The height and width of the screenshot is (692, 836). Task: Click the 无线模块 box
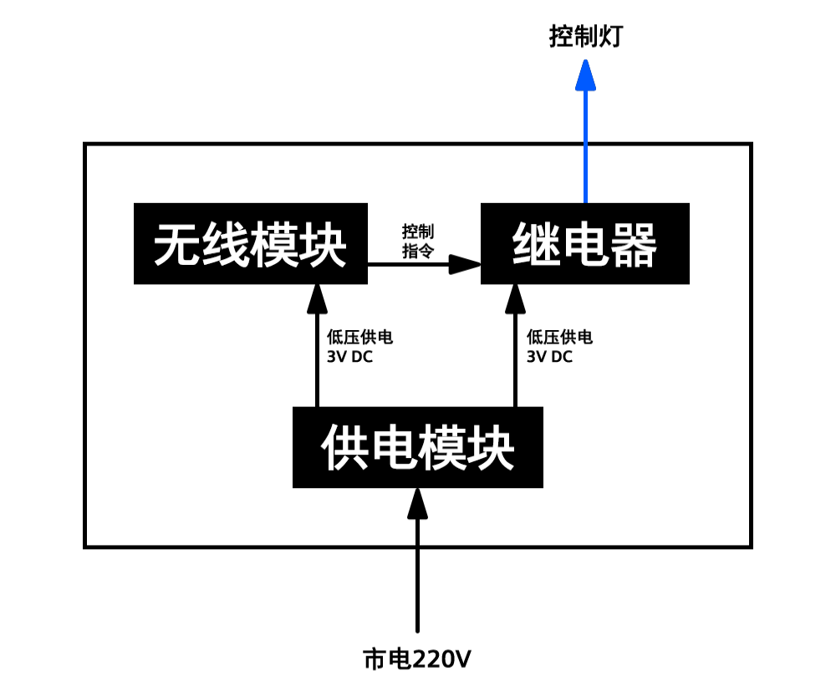[250, 243]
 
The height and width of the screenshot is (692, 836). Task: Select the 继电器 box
[584, 243]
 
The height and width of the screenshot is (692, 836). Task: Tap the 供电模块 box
[417, 447]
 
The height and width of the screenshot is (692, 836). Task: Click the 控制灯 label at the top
[585, 37]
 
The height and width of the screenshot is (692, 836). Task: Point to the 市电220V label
[417, 659]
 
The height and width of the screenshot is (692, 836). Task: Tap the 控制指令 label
[418, 242]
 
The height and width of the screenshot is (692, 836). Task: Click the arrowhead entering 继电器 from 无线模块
[464, 264]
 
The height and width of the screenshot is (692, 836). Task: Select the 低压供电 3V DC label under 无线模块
[359, 346]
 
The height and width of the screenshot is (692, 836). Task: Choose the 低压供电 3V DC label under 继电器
[559, 346]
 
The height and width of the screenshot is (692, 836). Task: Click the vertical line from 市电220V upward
[417, 577]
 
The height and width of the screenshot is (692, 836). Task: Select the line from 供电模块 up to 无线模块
[316, 359]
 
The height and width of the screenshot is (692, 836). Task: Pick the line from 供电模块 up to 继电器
[515, 359]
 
